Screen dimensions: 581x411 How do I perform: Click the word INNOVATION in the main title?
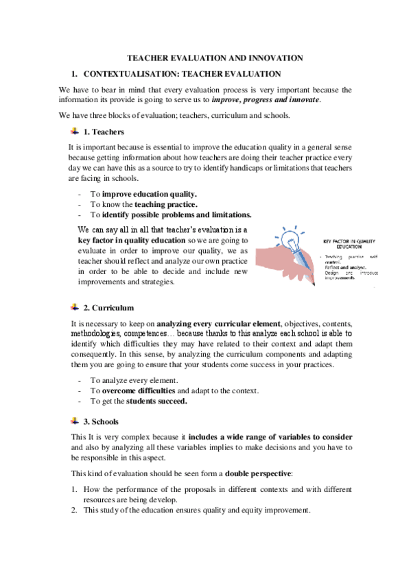(268, 59)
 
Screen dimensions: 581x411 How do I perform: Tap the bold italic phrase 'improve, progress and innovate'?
(268, 100)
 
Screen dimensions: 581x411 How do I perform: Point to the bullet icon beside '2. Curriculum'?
(75, 308)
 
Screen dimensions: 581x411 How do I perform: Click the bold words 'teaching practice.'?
(166, 204)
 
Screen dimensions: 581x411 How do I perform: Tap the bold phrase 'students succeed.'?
(156, 401)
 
